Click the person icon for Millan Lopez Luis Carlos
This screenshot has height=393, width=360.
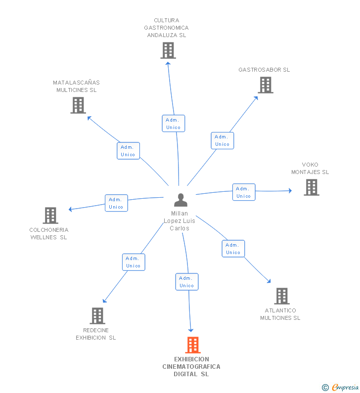click(180, 200)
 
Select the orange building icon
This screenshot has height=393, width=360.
click(193, 345)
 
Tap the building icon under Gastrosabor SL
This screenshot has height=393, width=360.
click(266, 85)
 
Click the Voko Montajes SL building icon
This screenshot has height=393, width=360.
click(312, 187)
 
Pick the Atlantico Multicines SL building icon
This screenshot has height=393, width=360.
click(282, 296)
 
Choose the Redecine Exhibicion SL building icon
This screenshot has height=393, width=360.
click(97, 316)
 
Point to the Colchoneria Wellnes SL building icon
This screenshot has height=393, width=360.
click(50, 216)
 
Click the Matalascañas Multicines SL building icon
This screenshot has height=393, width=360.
click(78, 105)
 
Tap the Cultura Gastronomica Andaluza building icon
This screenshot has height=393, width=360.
click(168, 50)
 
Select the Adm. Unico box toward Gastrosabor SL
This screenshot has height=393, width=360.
click(223, 140)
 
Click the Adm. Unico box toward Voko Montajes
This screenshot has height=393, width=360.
click(244, 192)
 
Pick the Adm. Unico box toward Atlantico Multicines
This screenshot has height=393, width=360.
click(233, 249)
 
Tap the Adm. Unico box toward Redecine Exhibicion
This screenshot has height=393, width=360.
click(134, 262)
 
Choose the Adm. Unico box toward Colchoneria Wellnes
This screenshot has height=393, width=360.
click(116, 203)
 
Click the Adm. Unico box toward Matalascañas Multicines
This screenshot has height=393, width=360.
click(129, 151)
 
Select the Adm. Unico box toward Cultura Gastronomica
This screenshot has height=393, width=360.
click(174, 123)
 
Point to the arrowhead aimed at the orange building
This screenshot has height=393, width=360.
click(191, 330)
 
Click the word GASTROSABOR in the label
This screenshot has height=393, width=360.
click(260, 70)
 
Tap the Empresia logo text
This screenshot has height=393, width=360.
click(345, 387)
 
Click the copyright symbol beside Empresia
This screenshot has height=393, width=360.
click(325, 388)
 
